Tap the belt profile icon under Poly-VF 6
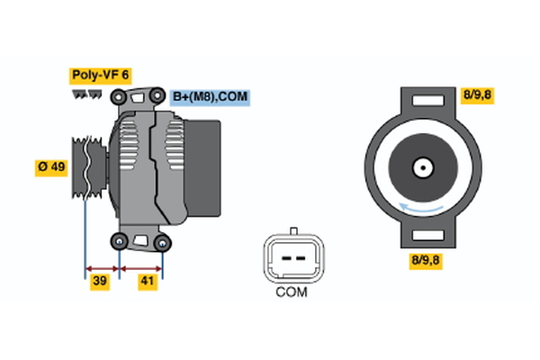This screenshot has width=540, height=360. click(x=86, y=93)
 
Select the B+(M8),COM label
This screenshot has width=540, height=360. click(x=209, y=96)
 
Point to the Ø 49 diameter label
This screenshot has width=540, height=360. click(x=51, y=167)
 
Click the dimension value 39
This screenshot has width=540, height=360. click(x=101, y=283)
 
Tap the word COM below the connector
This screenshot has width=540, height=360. click(x=291, y=292)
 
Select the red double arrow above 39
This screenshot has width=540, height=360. click(x=102, y=267)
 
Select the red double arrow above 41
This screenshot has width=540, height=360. click(x=141, y=267)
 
